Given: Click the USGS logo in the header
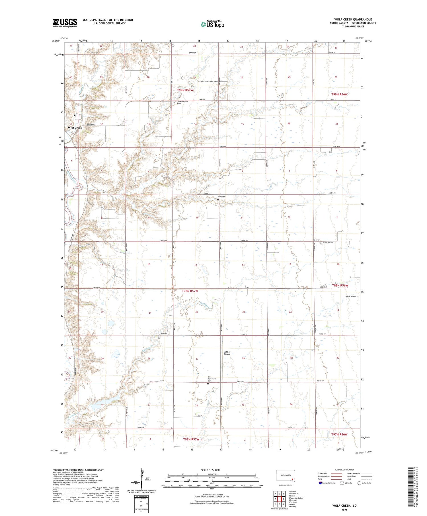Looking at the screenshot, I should coord(65,23).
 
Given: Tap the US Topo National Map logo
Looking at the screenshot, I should coord(212,24).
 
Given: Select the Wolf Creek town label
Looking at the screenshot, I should coord(75,128).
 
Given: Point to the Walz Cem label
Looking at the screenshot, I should coord(221,197).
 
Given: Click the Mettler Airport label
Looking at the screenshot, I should coord(227,353).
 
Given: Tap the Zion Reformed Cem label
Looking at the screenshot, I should coord(212,379).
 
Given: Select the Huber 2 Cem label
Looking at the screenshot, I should coord(327,243).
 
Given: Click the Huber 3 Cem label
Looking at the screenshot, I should coord(350,297).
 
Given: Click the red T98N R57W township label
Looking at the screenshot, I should coord(190,291).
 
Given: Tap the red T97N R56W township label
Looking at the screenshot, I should coord(339,434).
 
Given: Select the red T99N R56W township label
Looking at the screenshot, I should coord(339,94).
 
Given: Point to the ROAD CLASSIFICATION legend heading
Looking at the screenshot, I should coord(344,470).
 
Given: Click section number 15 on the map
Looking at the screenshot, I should coord(196,265).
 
